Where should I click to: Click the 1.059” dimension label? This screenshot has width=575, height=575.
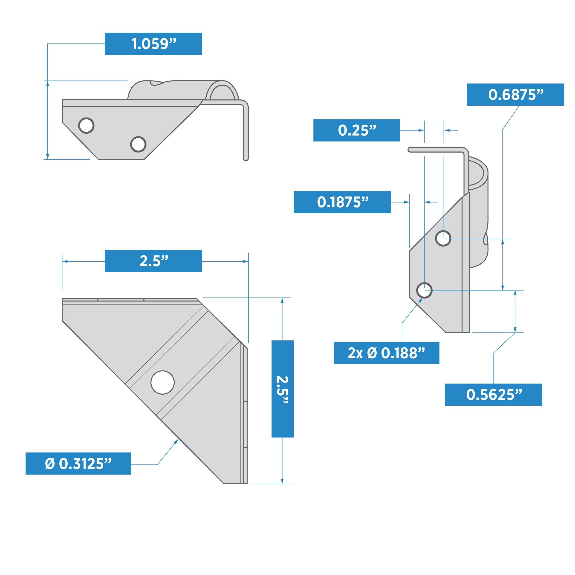[x=153, y=44]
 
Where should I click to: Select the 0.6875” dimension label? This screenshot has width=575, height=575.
[x=515, y=95]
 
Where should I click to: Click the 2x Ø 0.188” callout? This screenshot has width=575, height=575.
[x=386, y=353]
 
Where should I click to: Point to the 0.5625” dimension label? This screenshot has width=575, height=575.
[x=494, y=395]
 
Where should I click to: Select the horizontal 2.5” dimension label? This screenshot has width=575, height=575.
[x=153, y=261]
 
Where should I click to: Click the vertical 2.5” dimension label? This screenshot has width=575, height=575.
[x=283, y=389]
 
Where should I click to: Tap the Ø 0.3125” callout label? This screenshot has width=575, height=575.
[x=78, y=463]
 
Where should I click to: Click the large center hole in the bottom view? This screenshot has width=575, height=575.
[x=162, y=382]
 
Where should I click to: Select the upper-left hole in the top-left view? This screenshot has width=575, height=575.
[x=86, y=125]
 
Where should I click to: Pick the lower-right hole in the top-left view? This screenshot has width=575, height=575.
[x=138, y=144]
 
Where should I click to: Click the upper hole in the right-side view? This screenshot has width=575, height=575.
[x=443, y=238]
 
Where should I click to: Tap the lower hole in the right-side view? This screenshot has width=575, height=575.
[x=424, y=290]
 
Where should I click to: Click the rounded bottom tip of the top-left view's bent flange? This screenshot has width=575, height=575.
[x=246, y=159]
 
